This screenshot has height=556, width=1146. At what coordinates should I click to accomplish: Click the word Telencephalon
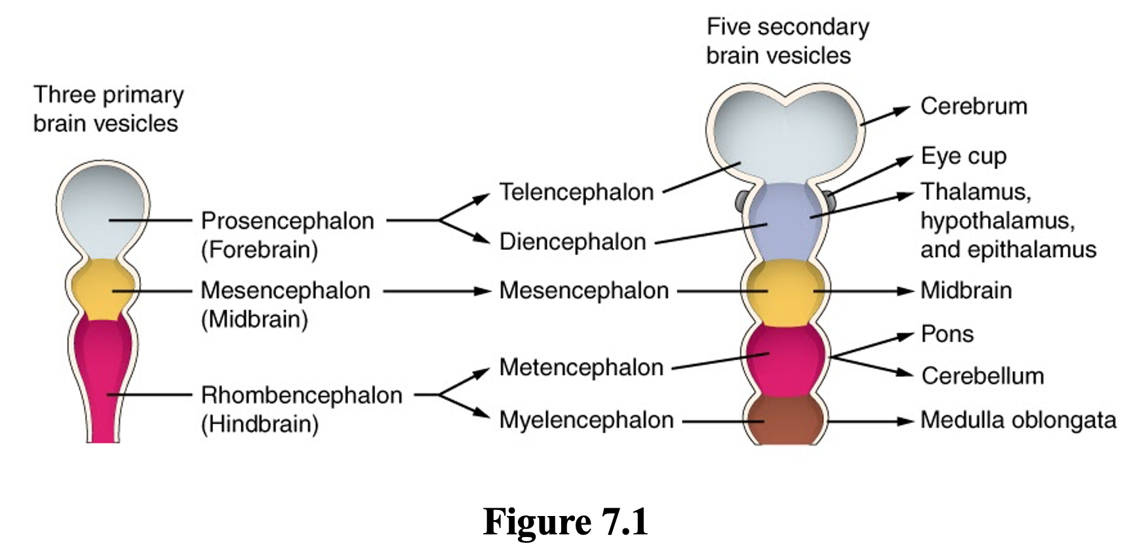(576, 192)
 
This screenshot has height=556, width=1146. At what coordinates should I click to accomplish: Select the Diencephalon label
(572, 242)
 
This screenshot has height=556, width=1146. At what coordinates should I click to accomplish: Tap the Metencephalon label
(581, 367)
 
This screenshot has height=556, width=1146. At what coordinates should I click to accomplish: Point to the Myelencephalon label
(586, 420)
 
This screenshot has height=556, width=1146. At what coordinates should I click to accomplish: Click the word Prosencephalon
(287, 221)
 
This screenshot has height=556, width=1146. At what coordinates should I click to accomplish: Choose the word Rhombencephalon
(302, 395)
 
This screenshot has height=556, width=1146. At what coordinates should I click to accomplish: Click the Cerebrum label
(974, 106)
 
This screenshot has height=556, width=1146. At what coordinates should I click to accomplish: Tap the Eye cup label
(963, 157)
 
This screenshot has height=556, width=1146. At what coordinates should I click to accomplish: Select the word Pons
(947, 334)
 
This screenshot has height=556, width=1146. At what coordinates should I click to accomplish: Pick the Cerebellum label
(982, 376)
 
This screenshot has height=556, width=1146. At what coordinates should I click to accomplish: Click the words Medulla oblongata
(1018, 420)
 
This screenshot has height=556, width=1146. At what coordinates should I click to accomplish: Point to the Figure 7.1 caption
(565, 522)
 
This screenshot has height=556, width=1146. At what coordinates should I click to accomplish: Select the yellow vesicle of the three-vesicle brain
(102, 289)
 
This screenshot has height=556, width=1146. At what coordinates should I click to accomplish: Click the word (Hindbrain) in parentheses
(260, 424)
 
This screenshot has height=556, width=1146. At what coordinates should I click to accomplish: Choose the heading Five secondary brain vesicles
(787, 41)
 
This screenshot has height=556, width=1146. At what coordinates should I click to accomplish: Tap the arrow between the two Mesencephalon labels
(436, 290)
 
